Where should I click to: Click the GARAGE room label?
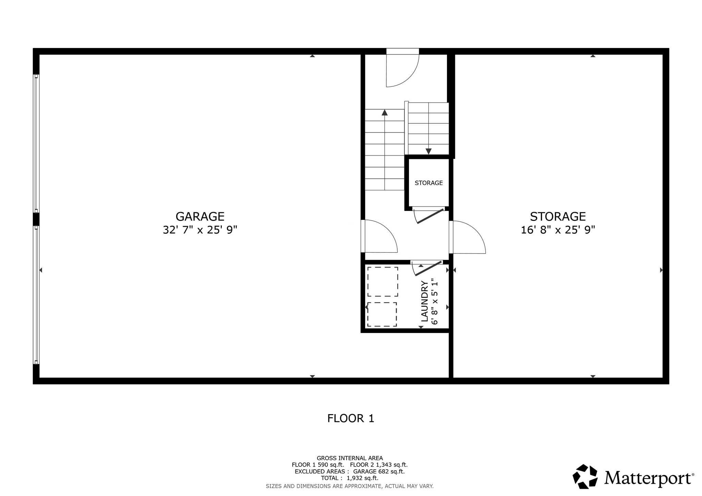pyautogui.click(x=200, y=216)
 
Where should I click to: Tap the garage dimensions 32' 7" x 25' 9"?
pyautogui.click(x=200, y=230)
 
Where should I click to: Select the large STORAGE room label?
pyautogui.click(x=558, y=216)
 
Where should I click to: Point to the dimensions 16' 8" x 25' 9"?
pyautogui.click(x=558, y=230)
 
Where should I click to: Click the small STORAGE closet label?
pyautogui.click(x=428, y=183)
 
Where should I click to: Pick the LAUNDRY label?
pyautogui.click(x=425, y=301)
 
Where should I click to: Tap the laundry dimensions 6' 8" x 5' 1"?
pyautogui.click(x=435, y=301)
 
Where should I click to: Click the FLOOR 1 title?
pyautogui.click(x=351, y=418)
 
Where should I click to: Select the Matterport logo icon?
pyautogui.click(x=585, y=476)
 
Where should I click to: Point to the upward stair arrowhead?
pyautogui.click(x=385, y=112)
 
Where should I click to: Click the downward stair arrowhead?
pyautogui.click(x=428, y=151)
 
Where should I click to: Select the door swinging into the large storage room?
pyautogui.click(x=468, y=237)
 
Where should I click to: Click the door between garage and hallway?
pyautogui.click(x=379, y=236)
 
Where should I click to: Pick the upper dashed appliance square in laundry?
pyautogui.click(x=383, y=282)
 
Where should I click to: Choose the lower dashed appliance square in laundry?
pyautogui.click(x=382, y=314)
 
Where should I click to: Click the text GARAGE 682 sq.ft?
pyautogui.click(x=379, y=472)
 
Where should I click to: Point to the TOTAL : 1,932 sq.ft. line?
pyautogui.click(x=350, y=478)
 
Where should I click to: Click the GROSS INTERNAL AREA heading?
pyautogui.click(x=350, y=458)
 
